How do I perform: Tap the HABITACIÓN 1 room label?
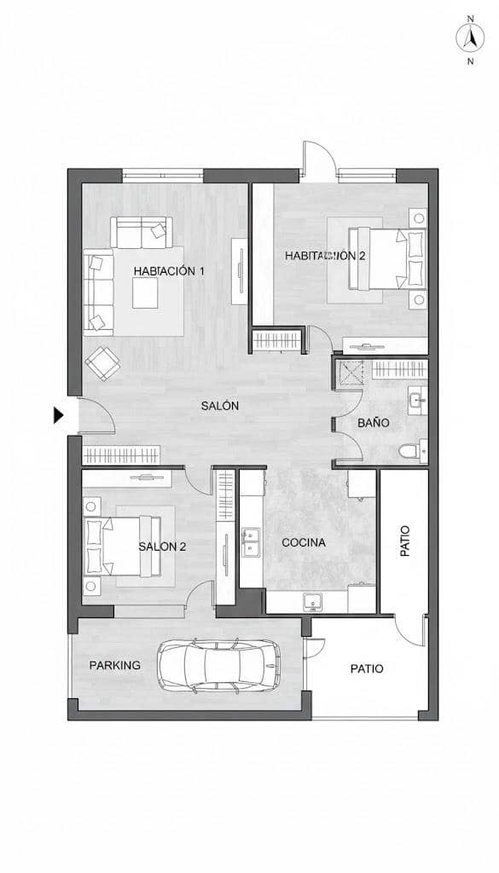point(169,271)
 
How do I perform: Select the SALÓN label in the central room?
point(219,407)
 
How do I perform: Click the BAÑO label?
point(374,423)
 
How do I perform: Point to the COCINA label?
point(304,542)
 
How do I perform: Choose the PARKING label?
point(115,666)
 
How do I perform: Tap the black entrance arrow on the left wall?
point(59,416)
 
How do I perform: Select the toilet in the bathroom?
point(410,452)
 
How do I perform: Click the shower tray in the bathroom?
point(351,373)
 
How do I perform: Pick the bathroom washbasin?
point(416,400)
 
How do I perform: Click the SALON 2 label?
point(162,547)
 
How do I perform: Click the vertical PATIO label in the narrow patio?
point(405,541)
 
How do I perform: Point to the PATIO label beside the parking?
point(367,669)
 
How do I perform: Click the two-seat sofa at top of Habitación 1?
point(142,231)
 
